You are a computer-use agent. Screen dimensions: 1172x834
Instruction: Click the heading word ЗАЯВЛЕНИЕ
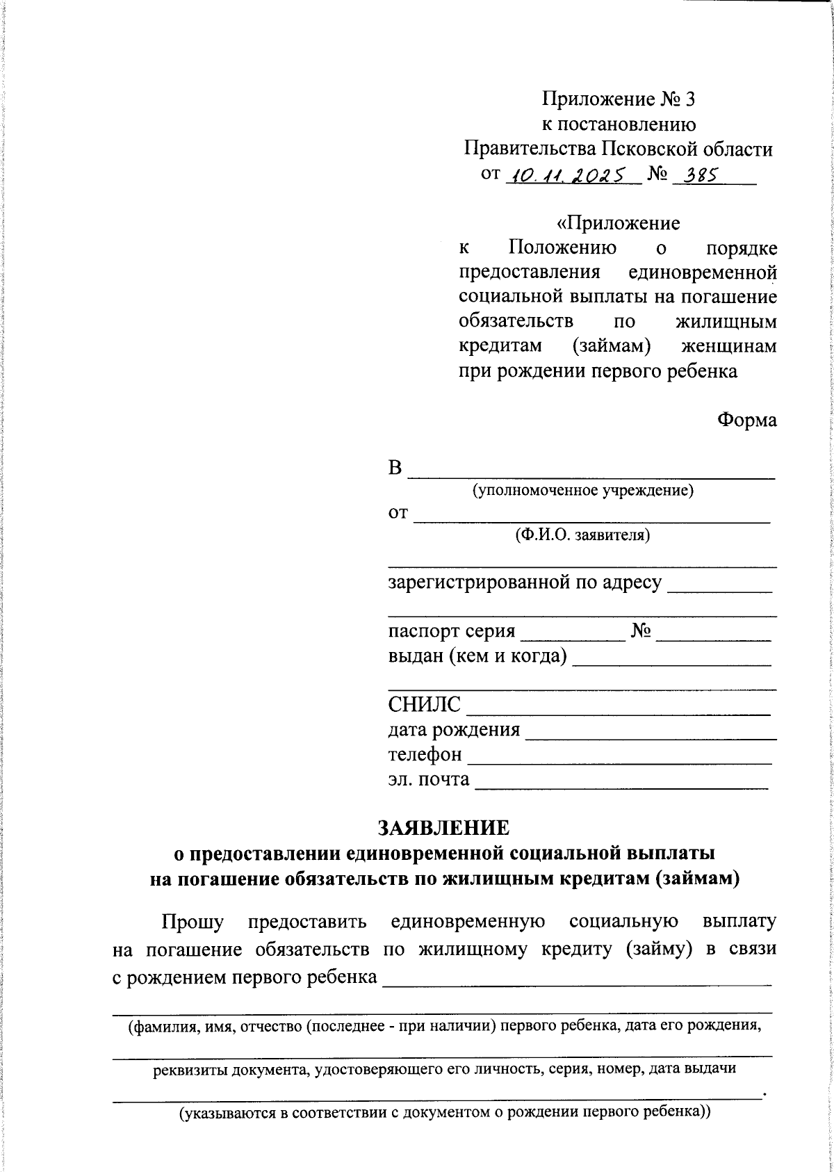(443, 827)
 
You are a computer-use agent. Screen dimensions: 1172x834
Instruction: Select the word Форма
(746, 420)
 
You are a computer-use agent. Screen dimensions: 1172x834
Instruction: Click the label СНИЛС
(424, 705)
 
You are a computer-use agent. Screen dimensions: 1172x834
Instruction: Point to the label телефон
(425, 754)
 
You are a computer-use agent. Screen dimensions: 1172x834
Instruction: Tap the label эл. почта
(429, 779)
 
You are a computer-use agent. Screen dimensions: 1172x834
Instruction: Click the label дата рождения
(454, 730)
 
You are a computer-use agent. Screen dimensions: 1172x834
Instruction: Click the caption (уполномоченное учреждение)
(583, 491)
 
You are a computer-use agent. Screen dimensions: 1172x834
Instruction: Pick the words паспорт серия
(452, 631)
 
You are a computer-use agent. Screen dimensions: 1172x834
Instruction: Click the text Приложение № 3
(619, 99)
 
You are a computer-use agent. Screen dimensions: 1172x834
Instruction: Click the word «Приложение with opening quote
(619, 223)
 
